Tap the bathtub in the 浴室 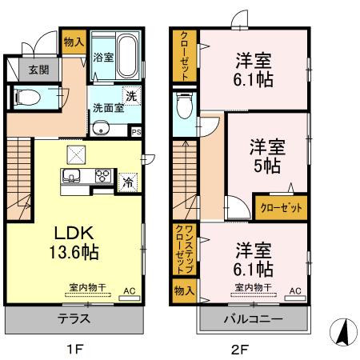127,45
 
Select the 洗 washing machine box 130,95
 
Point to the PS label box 136,132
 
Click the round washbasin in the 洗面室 101,130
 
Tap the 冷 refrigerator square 127,182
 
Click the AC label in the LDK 128,294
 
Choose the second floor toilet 182,104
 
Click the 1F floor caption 74,348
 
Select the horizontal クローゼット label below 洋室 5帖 280,207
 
